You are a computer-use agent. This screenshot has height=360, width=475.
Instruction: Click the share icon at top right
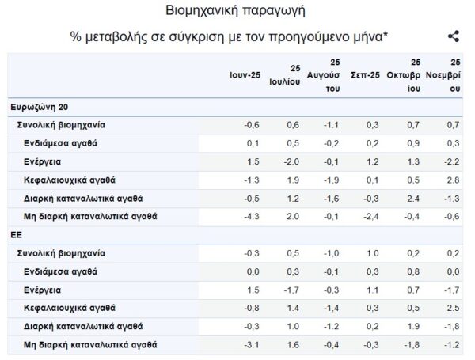point(454,36)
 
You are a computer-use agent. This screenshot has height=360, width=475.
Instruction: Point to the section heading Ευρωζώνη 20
point(39,107)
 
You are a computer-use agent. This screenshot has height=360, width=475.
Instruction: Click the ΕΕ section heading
point(16,235)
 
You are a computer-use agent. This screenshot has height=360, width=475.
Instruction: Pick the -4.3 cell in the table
point(252,216)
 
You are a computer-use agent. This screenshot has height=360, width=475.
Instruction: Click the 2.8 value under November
point(453,180)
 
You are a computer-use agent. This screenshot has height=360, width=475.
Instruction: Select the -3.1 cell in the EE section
point(252,344)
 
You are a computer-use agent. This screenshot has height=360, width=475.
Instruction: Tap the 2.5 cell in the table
point(453,308)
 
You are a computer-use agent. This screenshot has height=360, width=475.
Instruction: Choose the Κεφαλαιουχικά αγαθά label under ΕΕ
point(70,308)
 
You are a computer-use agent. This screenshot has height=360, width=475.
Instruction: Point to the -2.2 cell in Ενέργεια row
point(451,161)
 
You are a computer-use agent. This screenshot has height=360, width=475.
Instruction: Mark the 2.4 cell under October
point(412,198)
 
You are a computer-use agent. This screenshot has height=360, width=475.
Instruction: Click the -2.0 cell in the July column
point(291,161)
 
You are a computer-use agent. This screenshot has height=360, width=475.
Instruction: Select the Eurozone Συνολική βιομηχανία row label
point(61,125)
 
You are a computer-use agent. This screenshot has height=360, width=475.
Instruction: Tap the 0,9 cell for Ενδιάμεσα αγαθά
point(412,143)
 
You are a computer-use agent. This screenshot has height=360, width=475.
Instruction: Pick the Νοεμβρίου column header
point(445,75)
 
